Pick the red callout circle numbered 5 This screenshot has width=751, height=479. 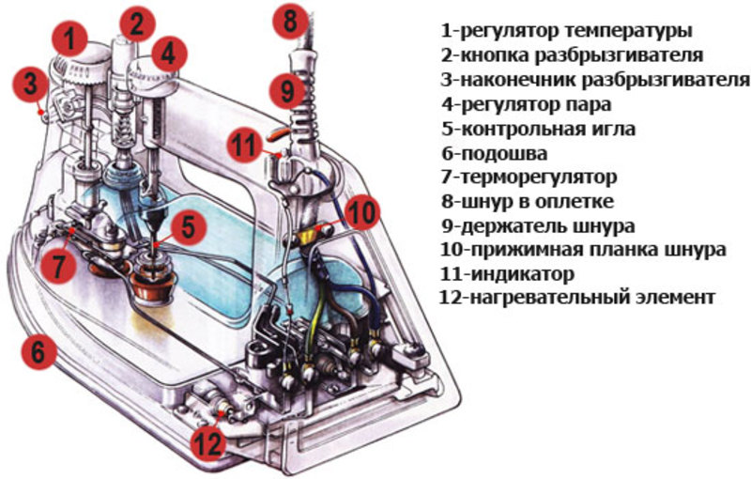(189, 225)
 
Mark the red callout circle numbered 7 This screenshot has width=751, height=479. (58, 265)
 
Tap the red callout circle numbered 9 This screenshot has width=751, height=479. (287, 90)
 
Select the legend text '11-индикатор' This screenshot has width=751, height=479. (508, 274)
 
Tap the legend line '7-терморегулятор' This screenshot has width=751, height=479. (529, 177)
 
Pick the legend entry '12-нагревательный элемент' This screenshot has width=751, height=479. (577, 298)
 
